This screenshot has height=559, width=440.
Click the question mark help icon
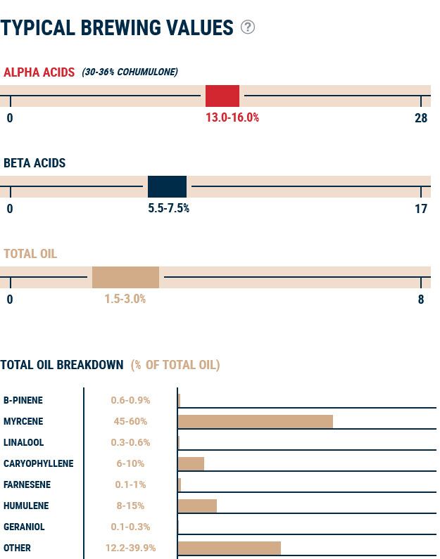coord(248,27)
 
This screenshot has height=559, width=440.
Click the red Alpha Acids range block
coord(222,96)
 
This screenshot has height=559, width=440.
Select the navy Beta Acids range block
coord(167,186)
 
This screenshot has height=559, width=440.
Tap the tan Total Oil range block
coord(125,277)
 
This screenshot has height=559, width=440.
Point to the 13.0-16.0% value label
coord(232,117)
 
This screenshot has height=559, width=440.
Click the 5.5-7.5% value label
coord(168,208)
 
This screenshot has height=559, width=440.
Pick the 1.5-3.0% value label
coord(125,299)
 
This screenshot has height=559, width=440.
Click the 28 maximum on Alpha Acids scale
coord(421,117)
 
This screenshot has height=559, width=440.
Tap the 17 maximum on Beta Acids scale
coord(421,208)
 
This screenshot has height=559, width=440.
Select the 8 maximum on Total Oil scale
coord(421,299)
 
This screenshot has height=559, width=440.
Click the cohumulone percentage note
coord(130,72)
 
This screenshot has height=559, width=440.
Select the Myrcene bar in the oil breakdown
coord(255,421)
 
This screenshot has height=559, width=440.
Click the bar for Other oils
coord(229,548)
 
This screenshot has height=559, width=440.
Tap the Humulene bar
coord(197,506)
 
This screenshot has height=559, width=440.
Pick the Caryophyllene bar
coord(191,463)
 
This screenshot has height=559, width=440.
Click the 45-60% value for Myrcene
coord(130,421)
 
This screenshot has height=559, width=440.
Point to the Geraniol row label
coord(24,527)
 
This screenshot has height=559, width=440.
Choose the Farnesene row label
coord(26,484)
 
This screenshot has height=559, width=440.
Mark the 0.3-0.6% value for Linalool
coord(130,442)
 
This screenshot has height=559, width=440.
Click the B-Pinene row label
coord(23,400)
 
